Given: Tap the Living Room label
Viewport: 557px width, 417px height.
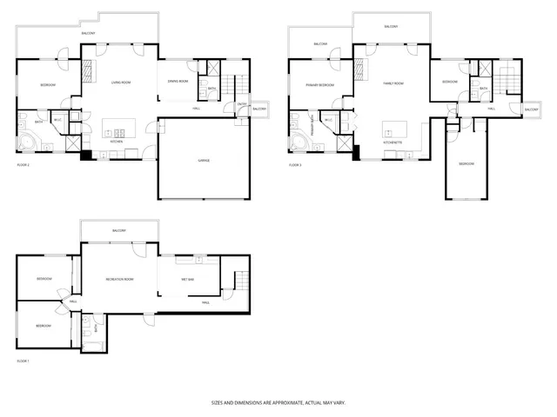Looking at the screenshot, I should click(x=120, y=83).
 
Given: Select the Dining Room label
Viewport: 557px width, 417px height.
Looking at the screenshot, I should click(x=179, y=83).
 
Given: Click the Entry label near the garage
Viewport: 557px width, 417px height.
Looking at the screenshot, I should click(x=241, y=106).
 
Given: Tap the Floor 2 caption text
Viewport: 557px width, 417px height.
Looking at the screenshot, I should click(x=23, y=164).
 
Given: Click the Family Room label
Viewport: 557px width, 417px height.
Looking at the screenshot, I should click(x=394, y=83).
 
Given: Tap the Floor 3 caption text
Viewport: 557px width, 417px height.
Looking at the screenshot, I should click(x=295, y=164).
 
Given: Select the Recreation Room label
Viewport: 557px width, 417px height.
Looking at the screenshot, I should click(x=119, y=279).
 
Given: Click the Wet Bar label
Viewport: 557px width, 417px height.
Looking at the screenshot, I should click(x=187, y=279).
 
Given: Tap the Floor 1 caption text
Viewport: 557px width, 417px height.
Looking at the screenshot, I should click(x=23, y=360).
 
